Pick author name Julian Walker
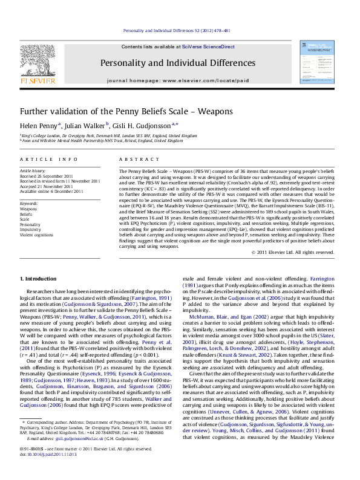(x=87, y=125)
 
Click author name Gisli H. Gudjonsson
(x=143, y=125)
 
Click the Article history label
(x=33, y=171)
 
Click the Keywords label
(x=29, y=204)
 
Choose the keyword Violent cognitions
(x=38, y=234)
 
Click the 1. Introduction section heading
(x=38, y=279)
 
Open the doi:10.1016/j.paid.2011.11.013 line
(x=52, y=453)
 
